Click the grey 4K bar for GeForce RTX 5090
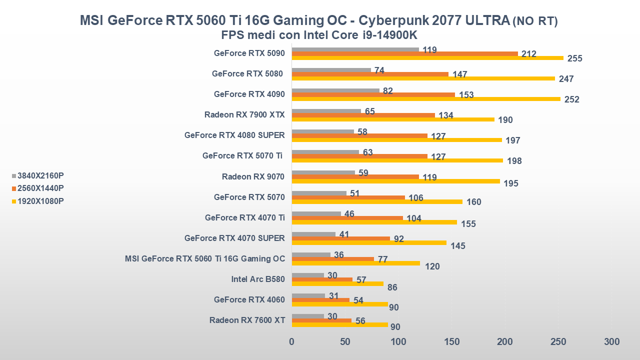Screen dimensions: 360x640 pyautogui.click(x=355, y=49)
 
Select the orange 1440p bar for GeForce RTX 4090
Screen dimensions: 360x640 pyautogui.click(x=373, y=94)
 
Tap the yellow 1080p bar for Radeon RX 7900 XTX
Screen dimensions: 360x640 pyautogui.click(x=392, y=119)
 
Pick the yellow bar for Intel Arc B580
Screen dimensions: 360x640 pyautogui.click(x=337, y=283)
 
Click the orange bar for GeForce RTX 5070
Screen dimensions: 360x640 pyautogui.click(x=348, y=197)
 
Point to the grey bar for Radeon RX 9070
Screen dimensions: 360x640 pyautogui.click(x=323, y=172)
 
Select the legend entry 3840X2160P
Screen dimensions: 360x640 pyautogui.click(x=40, y=175)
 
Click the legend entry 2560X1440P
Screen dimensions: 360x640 pyautogui.click(x=40, y=188)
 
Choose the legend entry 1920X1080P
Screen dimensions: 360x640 pyautogui.click(x=40, y=201)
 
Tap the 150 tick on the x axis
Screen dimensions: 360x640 pyautogui.click(x=451, y=342)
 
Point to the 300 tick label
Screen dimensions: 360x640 pyautogui.click(x=611, y=342)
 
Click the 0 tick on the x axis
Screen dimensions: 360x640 pyautogui.click(x=291, y=342)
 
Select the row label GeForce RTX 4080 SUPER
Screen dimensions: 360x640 pyautogui.click(x=234, y=135)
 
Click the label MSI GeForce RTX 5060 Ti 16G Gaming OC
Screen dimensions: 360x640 pyautogui.click(x=205, y=258)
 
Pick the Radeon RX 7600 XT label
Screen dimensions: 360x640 pyautogui.click(x=247, y=320)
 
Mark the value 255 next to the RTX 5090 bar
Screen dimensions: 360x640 pyautogui.click(x=574, y=58)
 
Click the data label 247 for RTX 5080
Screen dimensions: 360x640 pyautogui.click(x=566, y=79)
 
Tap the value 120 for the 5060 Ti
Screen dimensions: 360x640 pyautogui.click(x=432, y=266)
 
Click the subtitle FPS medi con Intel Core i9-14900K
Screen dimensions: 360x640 pyautogui.click(x=319, y=35)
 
